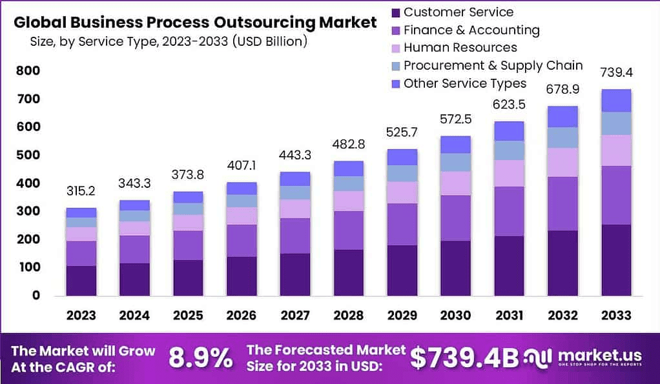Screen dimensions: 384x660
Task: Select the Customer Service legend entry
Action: tap(458, 12)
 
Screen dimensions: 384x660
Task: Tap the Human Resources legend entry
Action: tap(460, 48)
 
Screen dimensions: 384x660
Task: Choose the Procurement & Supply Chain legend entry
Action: tap(493, 66)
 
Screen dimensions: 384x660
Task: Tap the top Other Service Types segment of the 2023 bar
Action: tap(81, 212)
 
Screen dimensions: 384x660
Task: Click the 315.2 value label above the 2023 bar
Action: tap(81, 191)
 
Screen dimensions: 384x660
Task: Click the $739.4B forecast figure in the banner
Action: tap(464, 358)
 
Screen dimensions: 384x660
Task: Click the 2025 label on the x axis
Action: tap(187, 316)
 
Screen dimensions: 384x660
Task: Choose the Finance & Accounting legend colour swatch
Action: tap(395, 30)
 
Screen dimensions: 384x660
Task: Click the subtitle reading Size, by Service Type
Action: tap(168, 42)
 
